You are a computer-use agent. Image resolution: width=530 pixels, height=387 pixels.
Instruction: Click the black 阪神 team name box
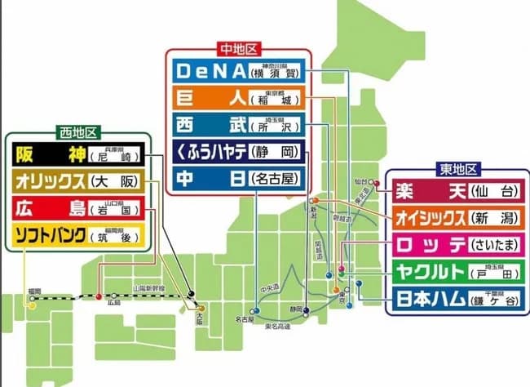click(48, 153)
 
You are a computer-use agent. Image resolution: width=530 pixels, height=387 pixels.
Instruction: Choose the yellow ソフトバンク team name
click(49, 236)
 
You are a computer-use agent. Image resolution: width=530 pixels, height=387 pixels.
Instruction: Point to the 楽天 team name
click(423, 192)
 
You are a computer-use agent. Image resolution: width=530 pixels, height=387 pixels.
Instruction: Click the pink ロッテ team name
click(423, 244)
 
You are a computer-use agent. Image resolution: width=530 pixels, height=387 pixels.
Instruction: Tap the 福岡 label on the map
click(33, 290)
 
